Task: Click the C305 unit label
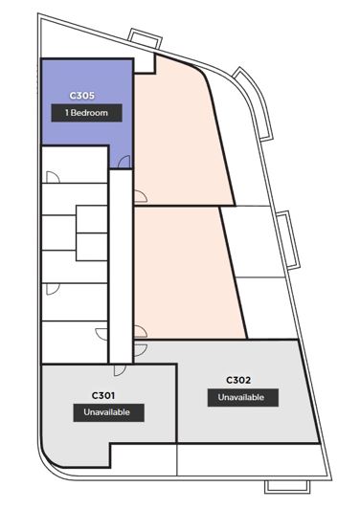82,96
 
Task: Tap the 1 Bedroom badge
86,113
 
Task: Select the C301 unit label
103,395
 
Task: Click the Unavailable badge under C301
108,412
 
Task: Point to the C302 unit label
238,380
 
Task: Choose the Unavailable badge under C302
243,397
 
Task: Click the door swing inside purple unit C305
124,162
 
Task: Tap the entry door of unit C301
120,370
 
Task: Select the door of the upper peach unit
141,196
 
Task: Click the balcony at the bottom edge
287,487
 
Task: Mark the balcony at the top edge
145,38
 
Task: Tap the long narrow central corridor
121,266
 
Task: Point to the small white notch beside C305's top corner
145,63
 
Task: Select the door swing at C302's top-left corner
141,350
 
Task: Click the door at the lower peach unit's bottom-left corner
141,332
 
